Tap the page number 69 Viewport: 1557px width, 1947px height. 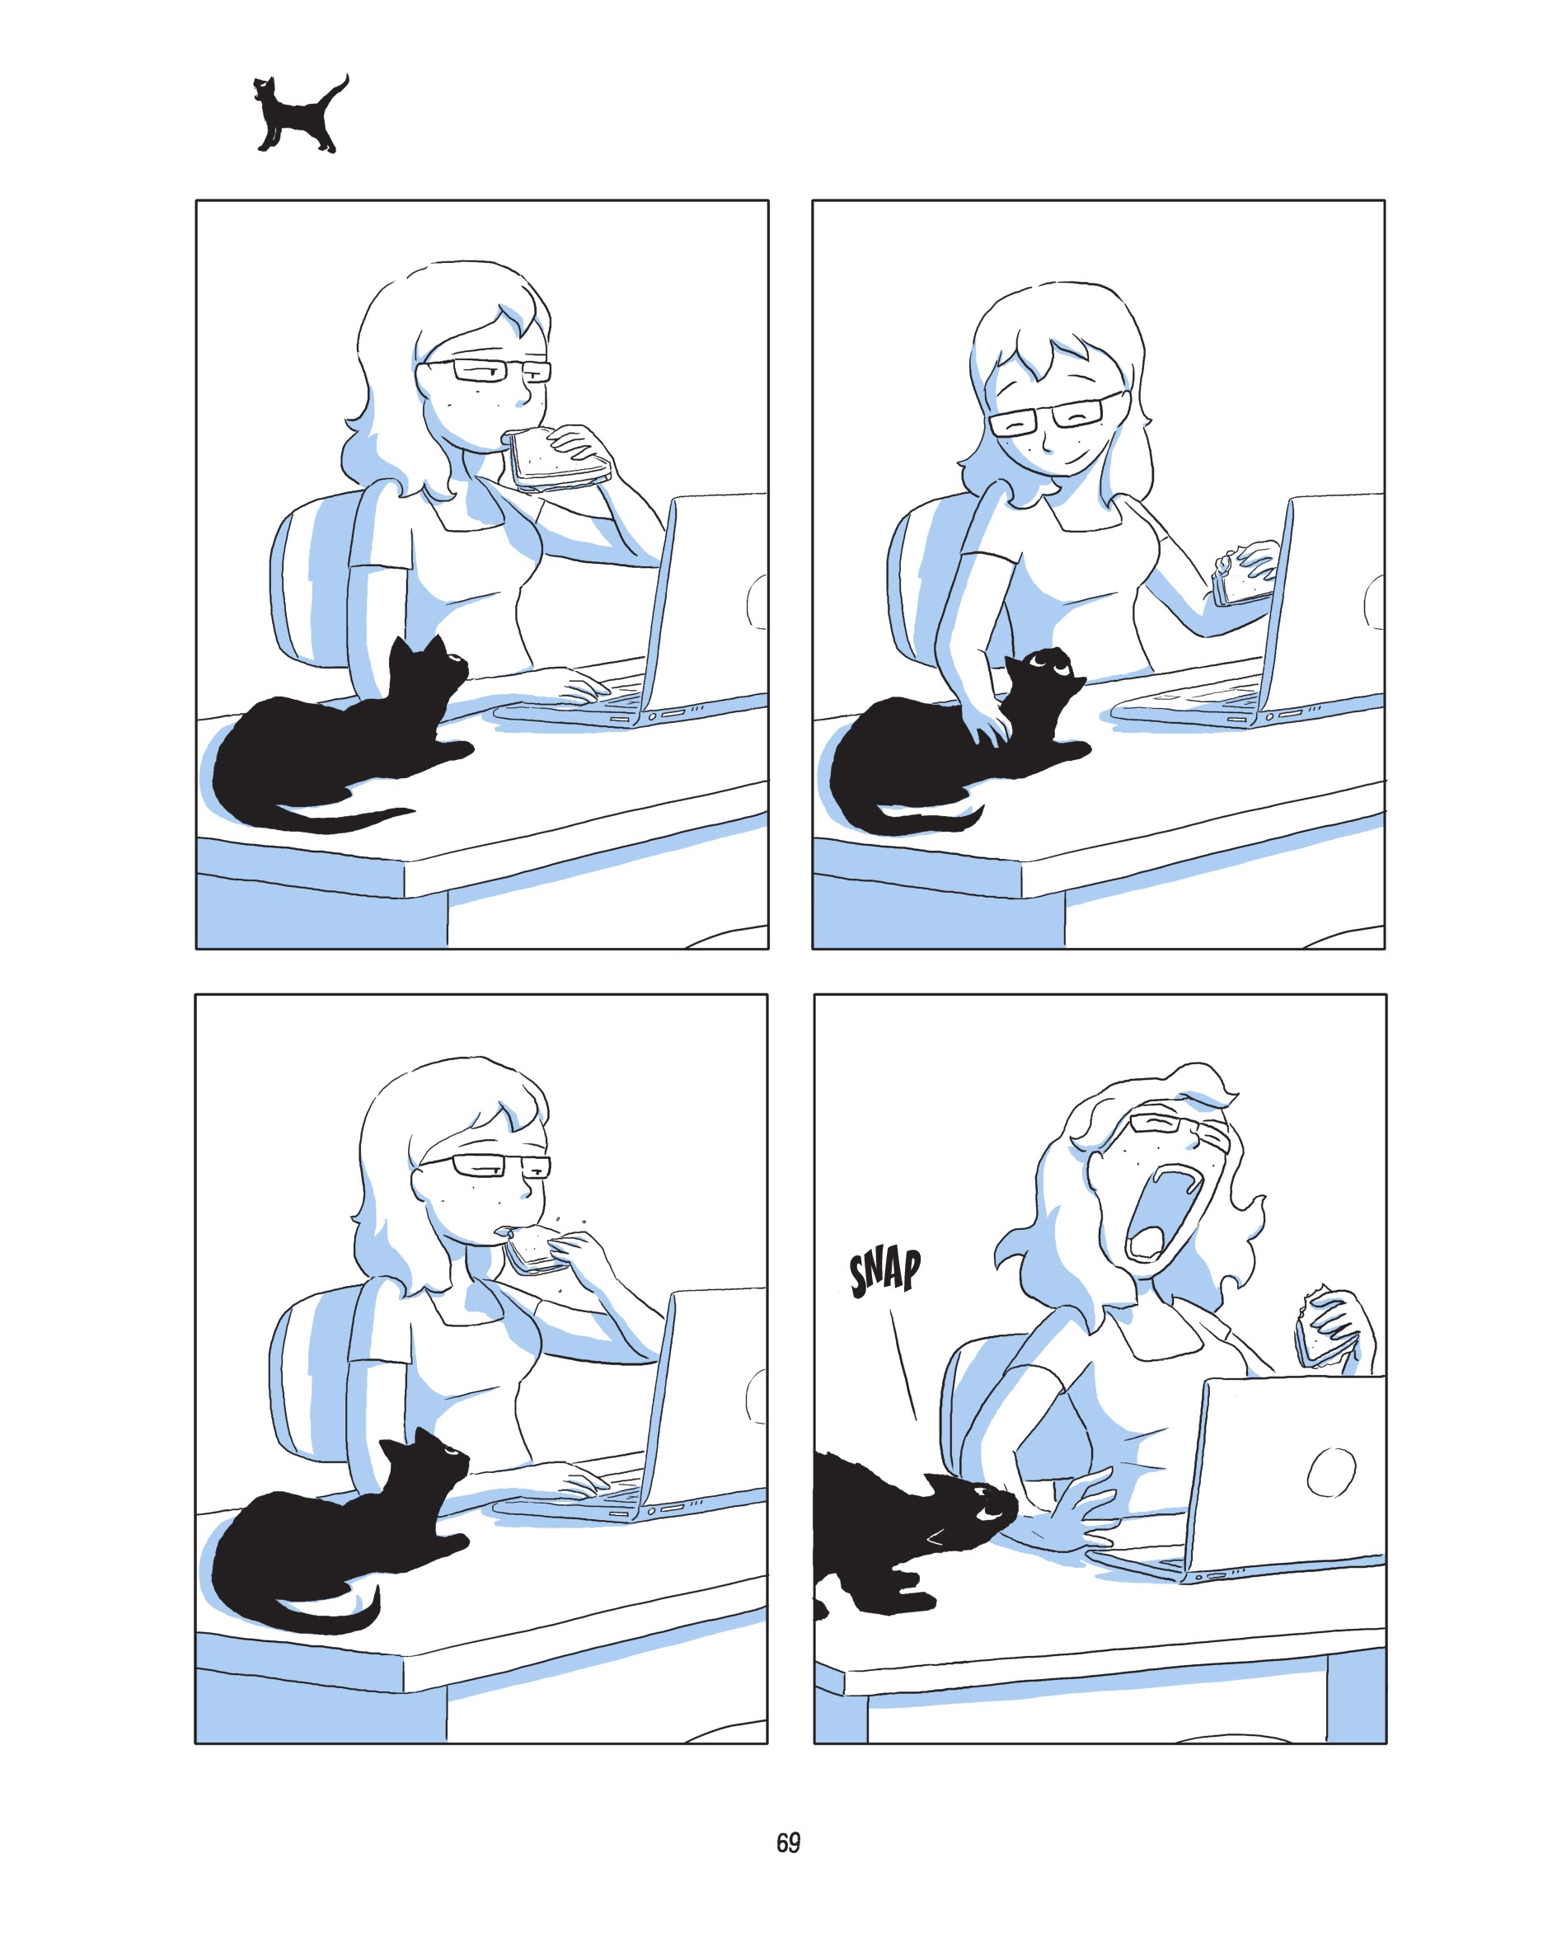click(787, 1843)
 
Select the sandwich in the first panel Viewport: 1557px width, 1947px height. click(555, 460)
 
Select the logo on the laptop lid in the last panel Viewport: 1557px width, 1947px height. click(1331, 1472)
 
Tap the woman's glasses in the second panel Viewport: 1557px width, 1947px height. click(1052, 417)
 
